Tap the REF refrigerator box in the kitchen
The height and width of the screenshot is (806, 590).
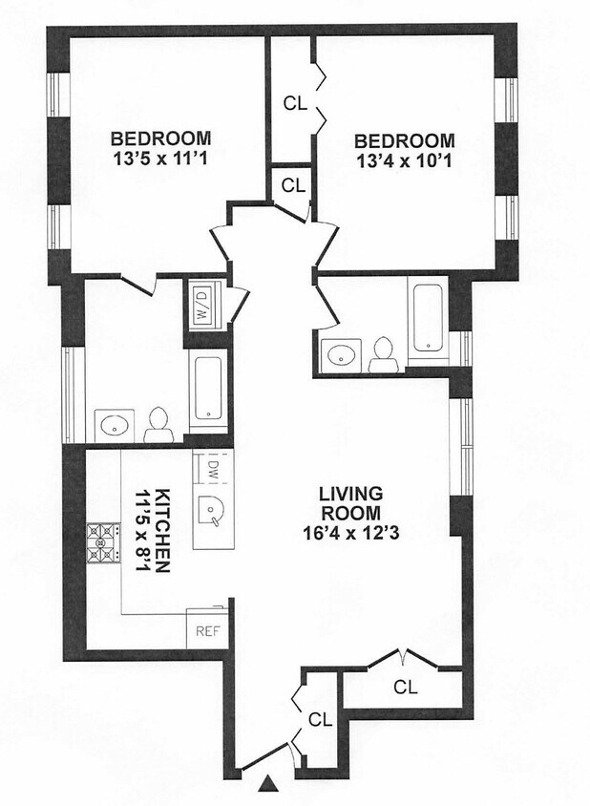tap(207, 628)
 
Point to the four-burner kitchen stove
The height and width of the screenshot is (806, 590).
tap(103, 542)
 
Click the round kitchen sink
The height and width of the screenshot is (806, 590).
tap(210, 510)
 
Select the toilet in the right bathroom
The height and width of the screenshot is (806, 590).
tap(384, 354)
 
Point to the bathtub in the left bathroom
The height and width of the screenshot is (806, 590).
tap(208, 388)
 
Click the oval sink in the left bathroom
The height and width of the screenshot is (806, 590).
tap(115, 425)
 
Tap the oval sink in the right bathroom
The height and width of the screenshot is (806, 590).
tap(340, 355)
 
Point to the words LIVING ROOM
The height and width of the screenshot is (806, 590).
tap(351, 504)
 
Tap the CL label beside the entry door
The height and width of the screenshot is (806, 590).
tap(320, 720)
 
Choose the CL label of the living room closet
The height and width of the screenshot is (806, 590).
tap(406, 688)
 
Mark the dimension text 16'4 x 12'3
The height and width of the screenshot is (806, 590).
tap(351, 533)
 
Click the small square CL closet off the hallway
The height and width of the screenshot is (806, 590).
tap(293, 186)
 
